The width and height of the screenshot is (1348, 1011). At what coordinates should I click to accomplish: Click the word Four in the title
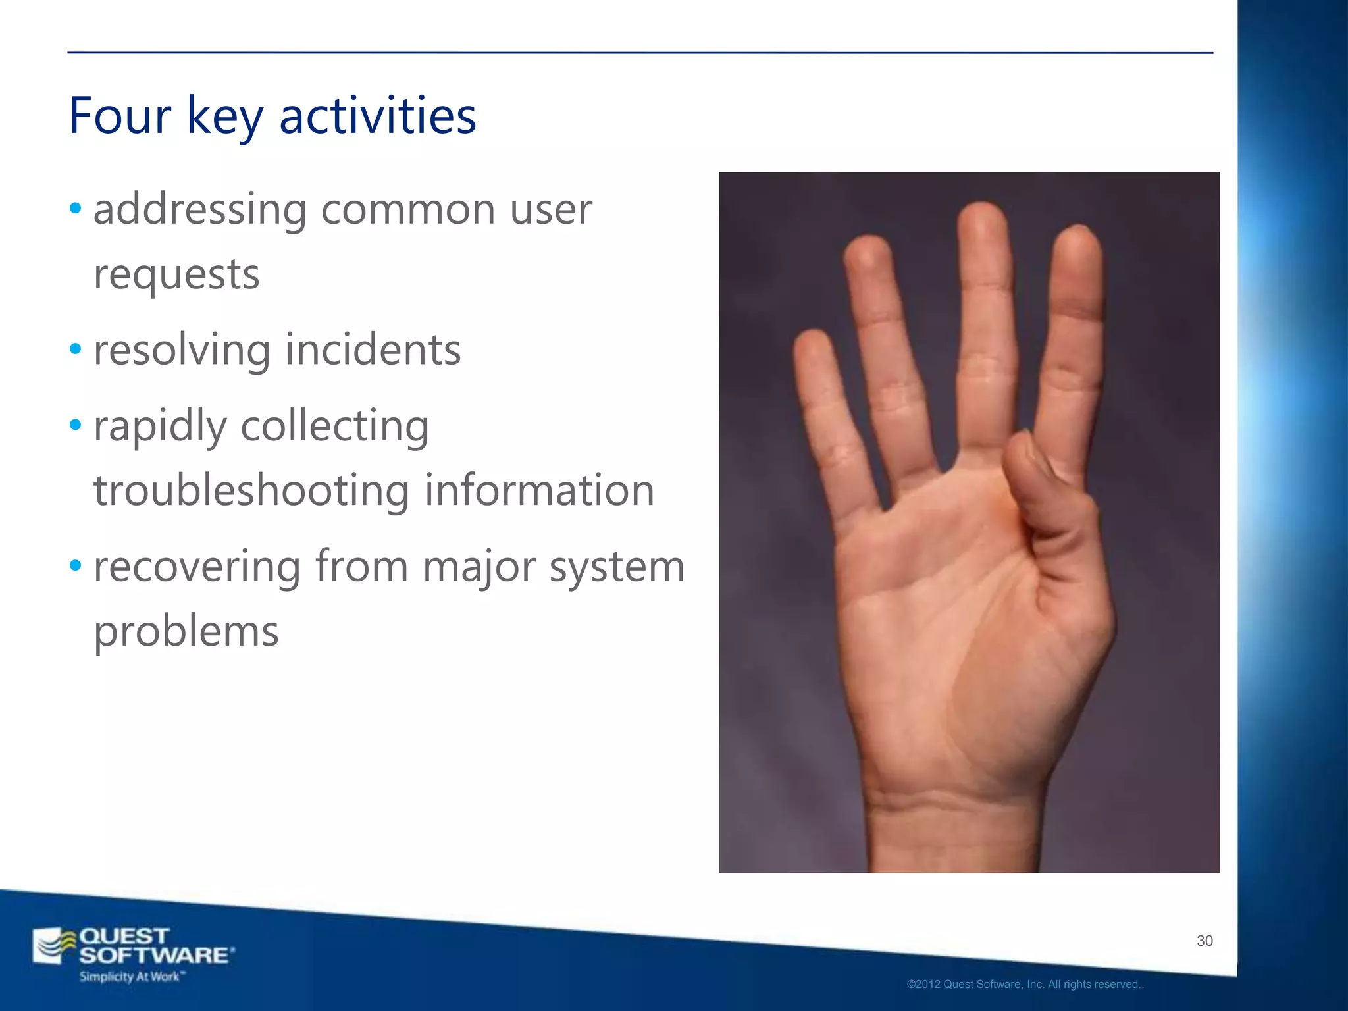tap(120, 116)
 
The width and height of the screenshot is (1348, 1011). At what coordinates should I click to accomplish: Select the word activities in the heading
tap(378, 116)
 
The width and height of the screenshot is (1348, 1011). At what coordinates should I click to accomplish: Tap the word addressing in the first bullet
tap(200, 211)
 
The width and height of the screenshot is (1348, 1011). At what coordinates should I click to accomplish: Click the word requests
tap(176, 274)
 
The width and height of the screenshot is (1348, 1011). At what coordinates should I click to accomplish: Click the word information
tap(539, 490)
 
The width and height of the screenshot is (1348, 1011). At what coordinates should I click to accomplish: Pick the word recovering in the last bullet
tap(197, 566)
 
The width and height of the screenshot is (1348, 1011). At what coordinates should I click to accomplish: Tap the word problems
tap(186, 631)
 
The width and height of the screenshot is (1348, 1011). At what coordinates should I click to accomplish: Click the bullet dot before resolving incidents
tap(76, 350)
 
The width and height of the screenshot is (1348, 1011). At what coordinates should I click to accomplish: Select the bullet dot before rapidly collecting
tap(76, 425)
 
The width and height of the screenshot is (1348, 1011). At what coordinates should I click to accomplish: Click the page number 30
tap(1205, 941)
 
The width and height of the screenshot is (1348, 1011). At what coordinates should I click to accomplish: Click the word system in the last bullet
tap(617, 566)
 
